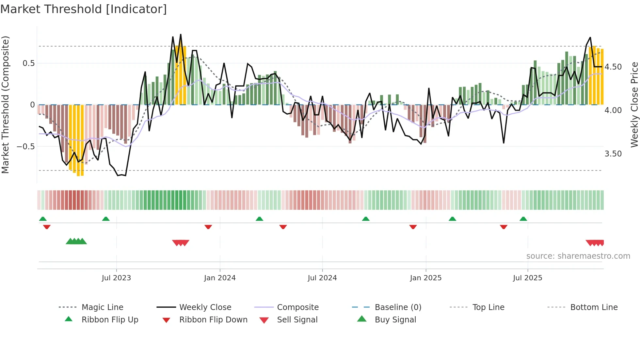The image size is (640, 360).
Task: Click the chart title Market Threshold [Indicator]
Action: click(x=84, y=9)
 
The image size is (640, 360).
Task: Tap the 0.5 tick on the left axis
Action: click(x=29, y=63)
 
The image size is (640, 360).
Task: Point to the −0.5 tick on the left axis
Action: click(x=26, y=147)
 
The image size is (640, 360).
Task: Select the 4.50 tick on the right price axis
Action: click(x=613, y=67)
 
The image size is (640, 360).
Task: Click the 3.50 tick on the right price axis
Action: click(x=613, y=154)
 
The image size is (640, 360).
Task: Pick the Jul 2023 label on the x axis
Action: click(x=116, y=278)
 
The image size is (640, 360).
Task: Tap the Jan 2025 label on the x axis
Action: click(x=425, y=278)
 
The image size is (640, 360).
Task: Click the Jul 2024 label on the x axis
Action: click(x=322, y=278)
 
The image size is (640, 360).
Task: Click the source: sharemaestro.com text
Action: click(x=578, y=256)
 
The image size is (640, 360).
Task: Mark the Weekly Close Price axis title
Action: click(x=634, y=105)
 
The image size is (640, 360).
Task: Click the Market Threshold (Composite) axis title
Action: click(x=5, y=105)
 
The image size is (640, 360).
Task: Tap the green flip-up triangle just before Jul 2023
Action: click(x=106, y=219)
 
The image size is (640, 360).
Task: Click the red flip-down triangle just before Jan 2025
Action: click(x=413, y=227)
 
